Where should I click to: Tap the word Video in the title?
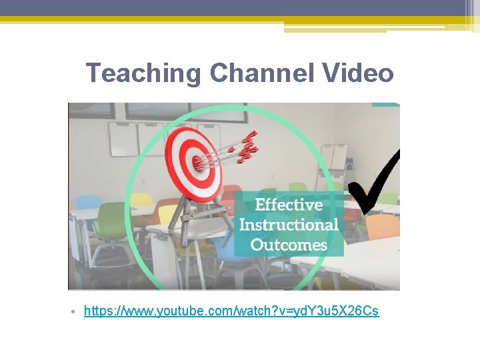[360, 73]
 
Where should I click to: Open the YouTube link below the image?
[231, 311]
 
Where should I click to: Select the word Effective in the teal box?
[289, 205]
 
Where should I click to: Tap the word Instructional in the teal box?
[289, 225]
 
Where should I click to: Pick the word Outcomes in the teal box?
[289, 245]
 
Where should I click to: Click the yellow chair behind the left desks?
[141, 199]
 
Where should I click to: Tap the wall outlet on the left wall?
[143, 181]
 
